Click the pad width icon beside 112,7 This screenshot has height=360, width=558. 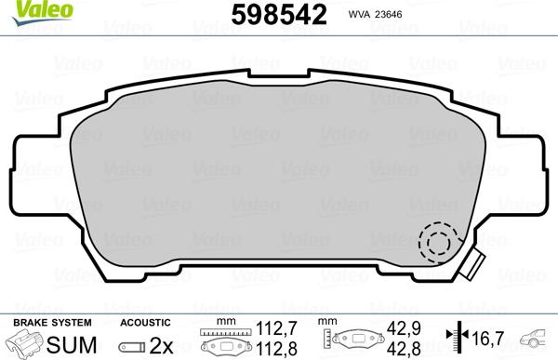click(x=229, y=340)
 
